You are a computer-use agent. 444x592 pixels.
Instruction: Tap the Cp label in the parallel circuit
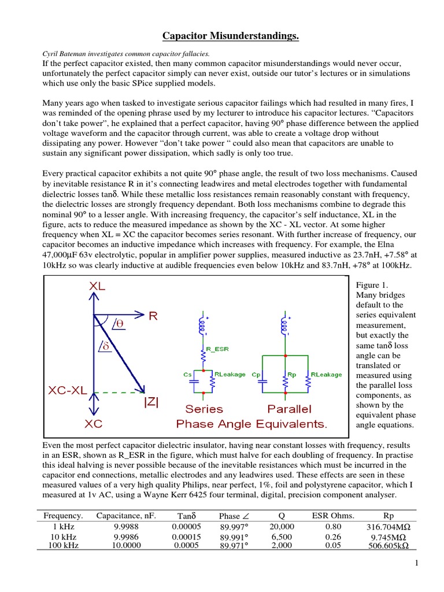[257, 375]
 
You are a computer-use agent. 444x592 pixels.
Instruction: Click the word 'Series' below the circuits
[203, 409]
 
